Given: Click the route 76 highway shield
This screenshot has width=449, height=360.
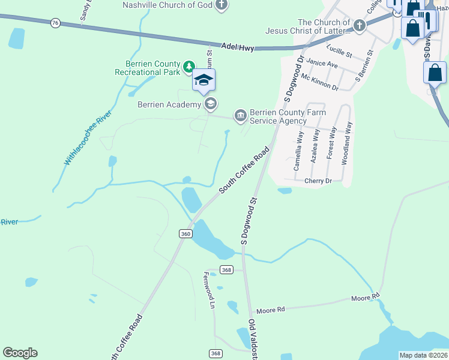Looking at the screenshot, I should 55,23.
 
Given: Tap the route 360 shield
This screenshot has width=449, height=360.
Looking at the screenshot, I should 185,233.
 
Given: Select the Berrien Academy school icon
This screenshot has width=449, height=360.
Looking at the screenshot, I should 210,104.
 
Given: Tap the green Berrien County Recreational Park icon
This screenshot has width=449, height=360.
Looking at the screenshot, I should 188,67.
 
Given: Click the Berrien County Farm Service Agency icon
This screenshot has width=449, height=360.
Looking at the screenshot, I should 240,115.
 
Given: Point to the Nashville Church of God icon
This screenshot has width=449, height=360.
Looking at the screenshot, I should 221,5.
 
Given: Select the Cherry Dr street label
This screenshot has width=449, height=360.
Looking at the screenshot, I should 318,181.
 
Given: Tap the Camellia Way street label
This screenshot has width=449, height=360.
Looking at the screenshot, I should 298,152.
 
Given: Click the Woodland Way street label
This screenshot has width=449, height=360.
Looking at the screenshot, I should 347,143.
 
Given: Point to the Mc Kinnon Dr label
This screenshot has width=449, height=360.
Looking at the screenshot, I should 320,82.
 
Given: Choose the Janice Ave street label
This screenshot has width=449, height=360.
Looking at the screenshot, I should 322,62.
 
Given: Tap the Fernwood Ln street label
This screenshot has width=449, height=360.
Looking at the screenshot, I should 208,290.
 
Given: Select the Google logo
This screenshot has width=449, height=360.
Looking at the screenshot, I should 20,353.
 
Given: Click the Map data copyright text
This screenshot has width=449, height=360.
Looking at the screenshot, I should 423,355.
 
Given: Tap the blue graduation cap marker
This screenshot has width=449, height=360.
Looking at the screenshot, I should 203,80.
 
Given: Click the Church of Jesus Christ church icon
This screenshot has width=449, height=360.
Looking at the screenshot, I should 359,26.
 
